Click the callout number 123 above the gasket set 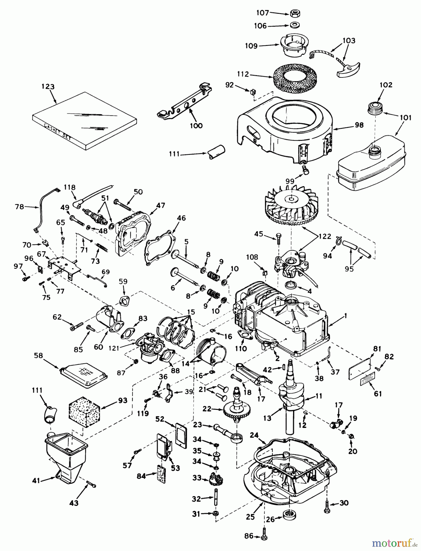tap(48, 87)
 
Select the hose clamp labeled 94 tap(337, 241)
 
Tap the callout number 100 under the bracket tap(196, 126)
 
